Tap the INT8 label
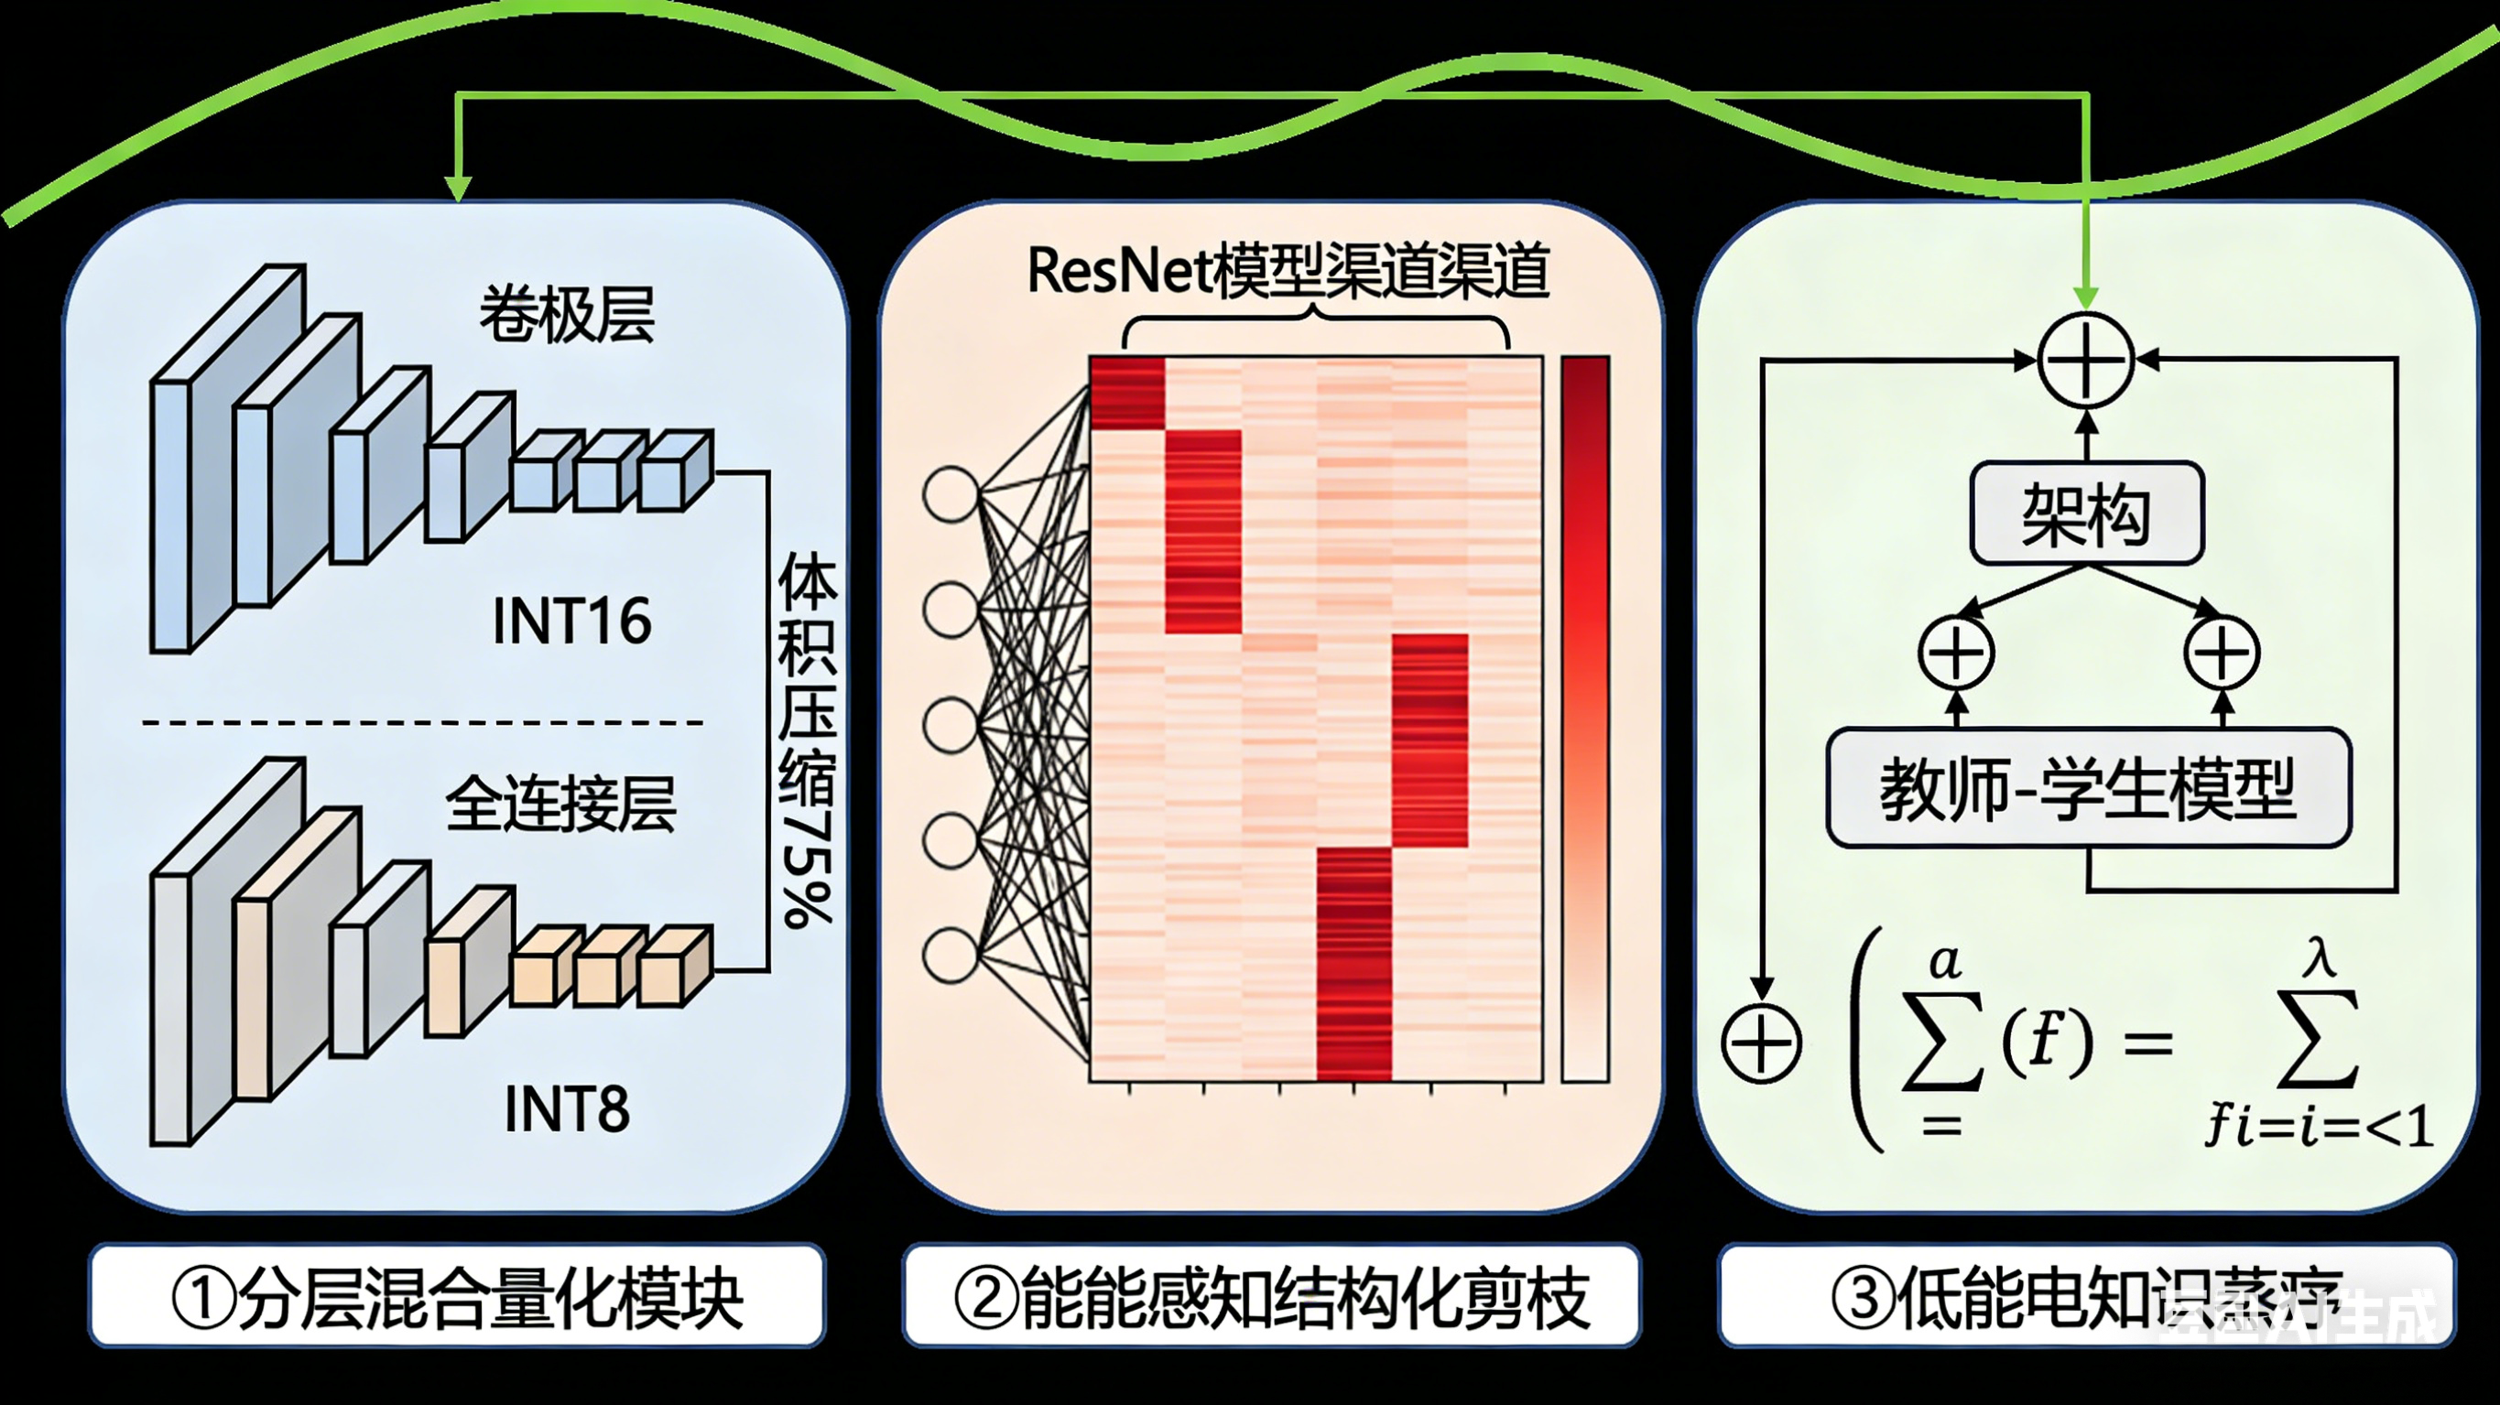coord(567,1109)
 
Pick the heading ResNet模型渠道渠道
coord(1287,272)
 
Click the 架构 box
coord(2087,513)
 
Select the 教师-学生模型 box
coord(2088,788)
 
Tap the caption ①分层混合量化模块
coord(457,1296)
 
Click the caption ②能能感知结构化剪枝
coord(1271,1296)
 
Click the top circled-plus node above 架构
coord(2087,360)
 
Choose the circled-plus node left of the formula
coord(1762,1044)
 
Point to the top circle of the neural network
coord(951,494)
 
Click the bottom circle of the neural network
coord(951,955)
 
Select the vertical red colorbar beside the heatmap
coord(1585,718)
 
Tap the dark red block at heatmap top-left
coord(1126,392)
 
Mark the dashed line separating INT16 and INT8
coord(422,723)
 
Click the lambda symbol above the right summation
coord(2320,959)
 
